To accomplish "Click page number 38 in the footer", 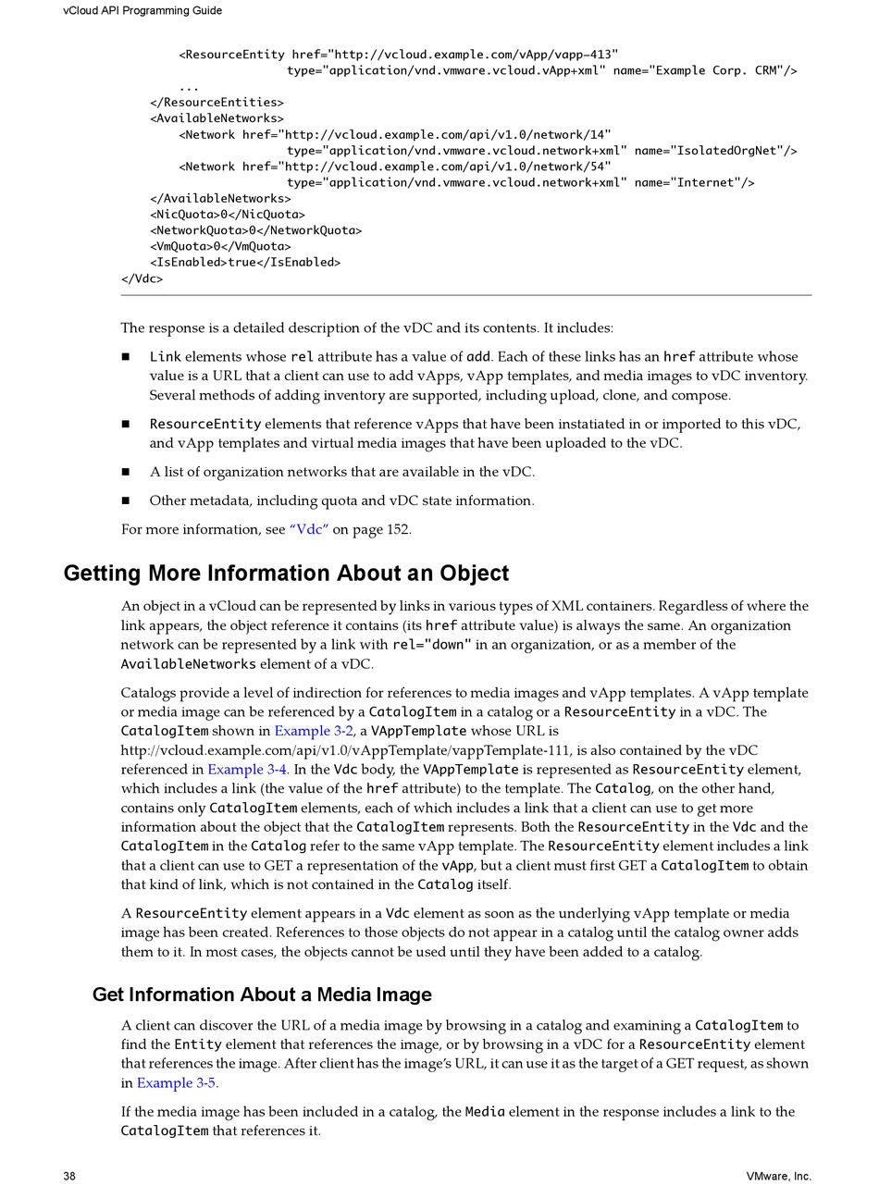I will pos(69,1177).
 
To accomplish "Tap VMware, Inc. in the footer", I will pos(778,1177).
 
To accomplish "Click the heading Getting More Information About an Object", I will pos(286,574).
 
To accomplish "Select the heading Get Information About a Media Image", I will pos(262,995).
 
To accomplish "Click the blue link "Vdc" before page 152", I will pos(309,530).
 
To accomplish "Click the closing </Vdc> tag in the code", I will pos(142,278).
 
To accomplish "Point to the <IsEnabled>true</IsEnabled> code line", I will pos(245,263).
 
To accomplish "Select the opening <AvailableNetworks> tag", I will pos(217,118).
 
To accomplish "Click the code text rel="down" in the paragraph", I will pos(432,645).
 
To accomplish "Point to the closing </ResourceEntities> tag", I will pos(217,103).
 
